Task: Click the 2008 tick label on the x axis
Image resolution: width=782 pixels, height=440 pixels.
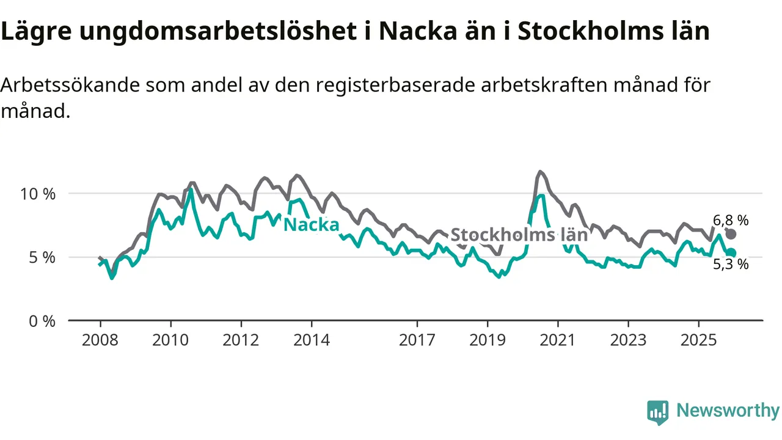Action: (100, 340)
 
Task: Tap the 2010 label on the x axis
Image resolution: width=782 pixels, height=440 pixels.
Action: (170, 340)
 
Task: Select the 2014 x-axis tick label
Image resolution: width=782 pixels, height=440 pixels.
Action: (312, 340)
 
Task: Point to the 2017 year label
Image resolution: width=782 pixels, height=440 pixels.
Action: (417, 340)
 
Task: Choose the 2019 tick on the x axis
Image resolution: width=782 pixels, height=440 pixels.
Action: (488, 340)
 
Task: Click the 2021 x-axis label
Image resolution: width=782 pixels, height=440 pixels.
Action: (558, 340)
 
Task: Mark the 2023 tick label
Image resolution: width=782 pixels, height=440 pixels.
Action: (629, 340)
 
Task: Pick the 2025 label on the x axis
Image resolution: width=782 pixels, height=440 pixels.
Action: (699, 340)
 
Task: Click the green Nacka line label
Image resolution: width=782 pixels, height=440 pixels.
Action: (312, 225)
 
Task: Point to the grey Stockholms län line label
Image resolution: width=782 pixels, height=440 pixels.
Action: (519, 235)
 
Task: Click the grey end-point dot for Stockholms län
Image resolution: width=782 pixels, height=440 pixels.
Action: (731, 234)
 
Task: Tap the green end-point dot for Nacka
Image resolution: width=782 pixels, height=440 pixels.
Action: (731, 253)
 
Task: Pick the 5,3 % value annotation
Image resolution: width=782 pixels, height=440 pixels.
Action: (731, 265)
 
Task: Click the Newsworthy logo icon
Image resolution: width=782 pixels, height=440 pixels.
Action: (658, 413)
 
